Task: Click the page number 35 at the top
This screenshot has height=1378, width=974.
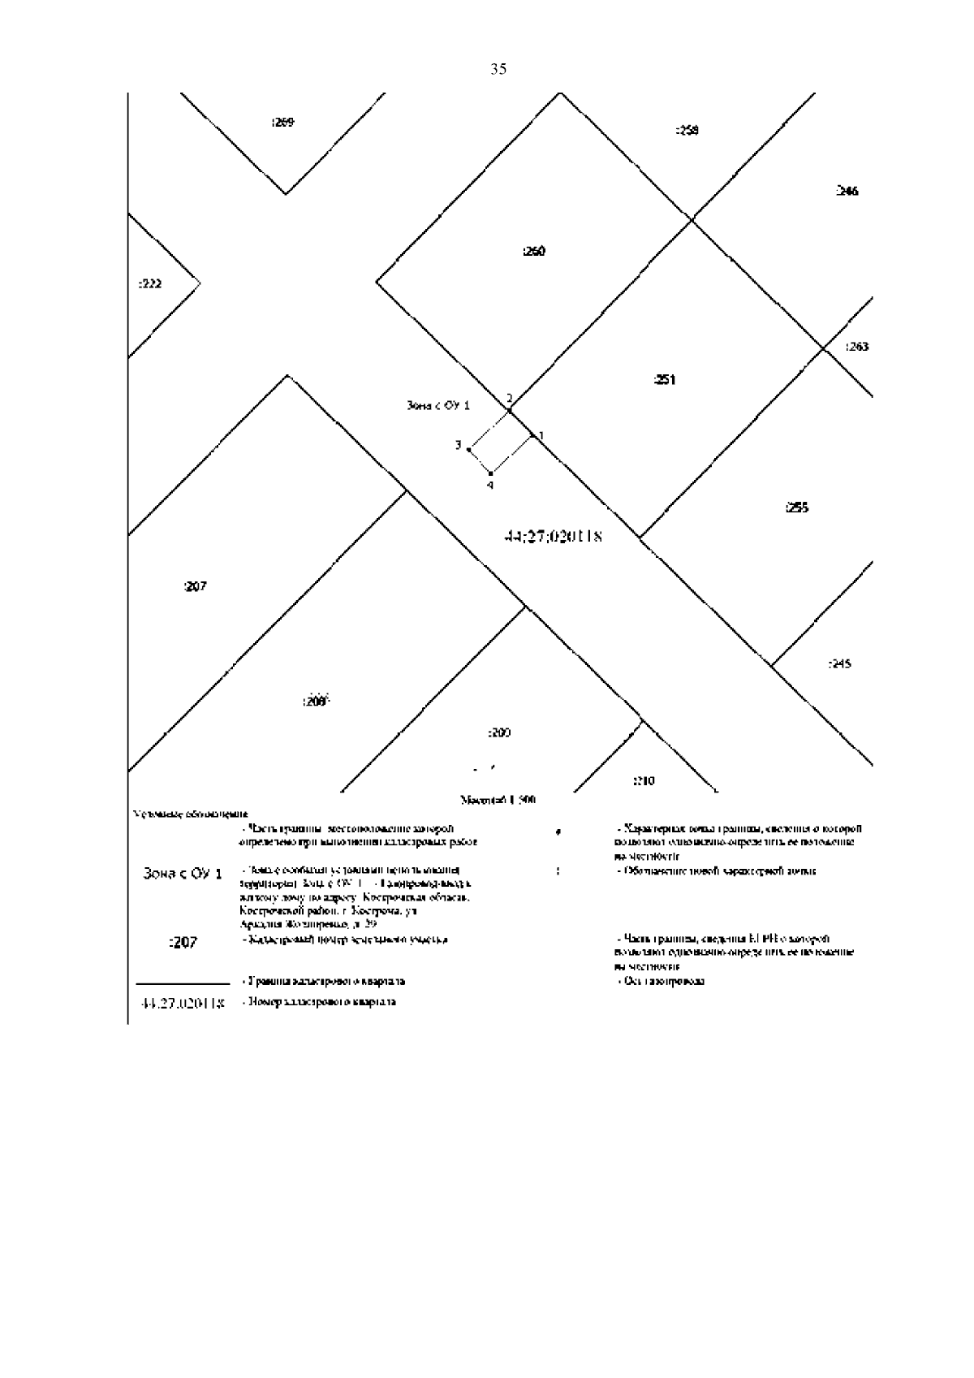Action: coord(498,69)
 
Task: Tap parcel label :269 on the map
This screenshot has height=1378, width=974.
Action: coord(282,123)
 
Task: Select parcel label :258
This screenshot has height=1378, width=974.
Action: coord(687,130)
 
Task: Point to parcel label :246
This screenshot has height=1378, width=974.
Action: coord(847,192)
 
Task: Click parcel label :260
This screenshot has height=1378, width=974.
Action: coord(533,252)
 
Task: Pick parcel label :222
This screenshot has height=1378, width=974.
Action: coord(149,283)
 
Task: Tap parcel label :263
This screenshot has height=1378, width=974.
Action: coord(856,347)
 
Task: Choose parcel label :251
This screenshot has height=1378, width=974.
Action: coord(664,380)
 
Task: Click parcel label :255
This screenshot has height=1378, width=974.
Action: coord(797,508)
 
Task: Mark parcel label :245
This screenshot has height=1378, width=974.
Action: coord(839,664)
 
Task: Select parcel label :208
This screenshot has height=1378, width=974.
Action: coord(314,702)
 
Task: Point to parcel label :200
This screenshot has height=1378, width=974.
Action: coord(498,733)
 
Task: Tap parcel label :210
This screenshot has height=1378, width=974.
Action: coord(643,781)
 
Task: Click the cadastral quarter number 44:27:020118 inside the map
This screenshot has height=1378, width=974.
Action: coord(553,537)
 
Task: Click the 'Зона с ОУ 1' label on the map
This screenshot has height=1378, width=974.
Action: coord(438,405)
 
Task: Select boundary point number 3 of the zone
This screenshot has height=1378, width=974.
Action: coord(459,445)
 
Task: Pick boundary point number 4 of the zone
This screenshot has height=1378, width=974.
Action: coord(489,485)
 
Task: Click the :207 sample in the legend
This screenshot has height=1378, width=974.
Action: coord(183,943)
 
